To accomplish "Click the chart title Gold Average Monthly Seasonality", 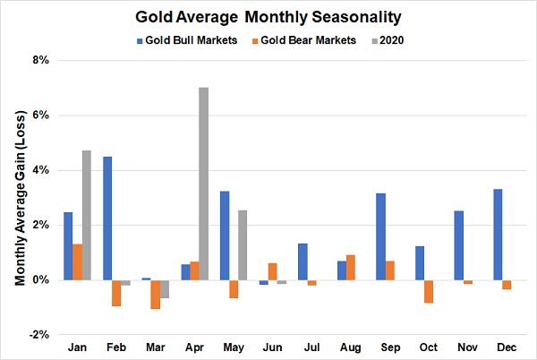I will coord(268,17).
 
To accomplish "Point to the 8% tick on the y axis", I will coord(41,61).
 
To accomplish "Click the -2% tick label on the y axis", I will coord(39,334).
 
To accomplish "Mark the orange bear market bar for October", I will coord(454,291).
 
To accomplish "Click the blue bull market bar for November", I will coord(458,245).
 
